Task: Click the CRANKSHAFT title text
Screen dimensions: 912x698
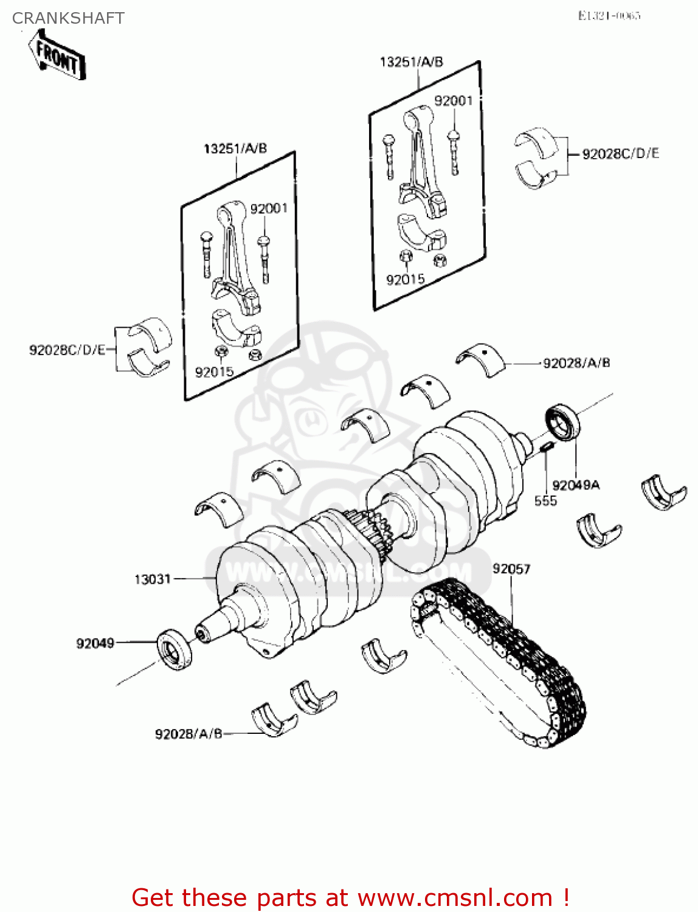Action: click(68, 18)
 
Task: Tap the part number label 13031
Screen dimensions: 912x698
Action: click(153, 579)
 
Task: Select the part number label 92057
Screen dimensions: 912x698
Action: click(511, 568)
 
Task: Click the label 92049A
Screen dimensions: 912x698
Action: click(575, 485)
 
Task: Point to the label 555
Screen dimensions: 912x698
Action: click(545, 501)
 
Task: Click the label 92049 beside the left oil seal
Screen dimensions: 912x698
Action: click(95, 643)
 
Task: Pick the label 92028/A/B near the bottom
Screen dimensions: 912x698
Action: click(188, 734)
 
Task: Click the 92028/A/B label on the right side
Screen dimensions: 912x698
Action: click(576, 363)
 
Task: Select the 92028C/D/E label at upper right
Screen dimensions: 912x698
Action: click(620, 154)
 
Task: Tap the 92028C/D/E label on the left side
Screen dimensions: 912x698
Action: click(67, 350)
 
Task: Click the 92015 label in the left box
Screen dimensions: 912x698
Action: click(214, 372)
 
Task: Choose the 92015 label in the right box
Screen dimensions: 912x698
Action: click(405, 280)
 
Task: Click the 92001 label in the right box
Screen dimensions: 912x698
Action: click(453, 101)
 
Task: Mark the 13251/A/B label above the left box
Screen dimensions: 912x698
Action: click(235, 149)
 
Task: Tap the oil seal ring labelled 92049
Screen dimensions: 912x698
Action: click(174, 651)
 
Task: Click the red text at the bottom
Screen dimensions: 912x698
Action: click(350, 897)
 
